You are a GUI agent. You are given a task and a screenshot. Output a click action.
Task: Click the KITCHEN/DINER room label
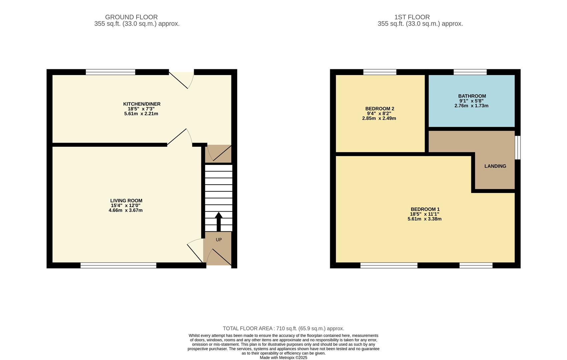pyautogui.click(x=142, y=104)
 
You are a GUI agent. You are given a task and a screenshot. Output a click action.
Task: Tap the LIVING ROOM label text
pyautogui.click(x=126, y=201)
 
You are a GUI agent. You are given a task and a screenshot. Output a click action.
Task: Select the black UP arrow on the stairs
pyautogui.click(x=219, y=221)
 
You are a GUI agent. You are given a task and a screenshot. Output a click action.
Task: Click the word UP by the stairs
pyautogui.click(x=219, y=240)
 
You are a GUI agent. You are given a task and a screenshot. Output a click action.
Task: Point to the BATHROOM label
pyautogui.click(x=472, y=96)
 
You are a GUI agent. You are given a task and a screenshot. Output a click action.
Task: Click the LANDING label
pyautogui.click(x=495, y=166)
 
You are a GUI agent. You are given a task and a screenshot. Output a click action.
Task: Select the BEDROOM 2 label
pyautogui.click(x=380, y=109)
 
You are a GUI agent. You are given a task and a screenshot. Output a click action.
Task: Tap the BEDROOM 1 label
pyautogui.click(x=425, y=209)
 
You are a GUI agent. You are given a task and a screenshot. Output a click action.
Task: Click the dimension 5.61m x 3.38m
pyautogui.click(x=424, y=219)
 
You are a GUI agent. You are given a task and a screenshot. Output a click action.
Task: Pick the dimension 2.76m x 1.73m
pyautogui.click(x=471, y=106)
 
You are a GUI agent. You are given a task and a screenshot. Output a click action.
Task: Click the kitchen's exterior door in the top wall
pyautogui.click(x=181, y=79)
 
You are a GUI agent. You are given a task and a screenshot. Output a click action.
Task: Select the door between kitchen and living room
pyautogui.click(x=179, y=138)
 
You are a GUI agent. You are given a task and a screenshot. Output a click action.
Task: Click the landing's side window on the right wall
pyautogui.click(x=517, y=147)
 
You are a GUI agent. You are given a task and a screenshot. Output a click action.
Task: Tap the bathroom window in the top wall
pyautogui.click(x=470, y=72)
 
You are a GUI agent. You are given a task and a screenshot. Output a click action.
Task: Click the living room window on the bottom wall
pyautogui.click(x=118, y=265)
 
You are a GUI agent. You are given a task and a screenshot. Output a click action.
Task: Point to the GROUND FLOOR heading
pyautogui.click(x=131, y=17)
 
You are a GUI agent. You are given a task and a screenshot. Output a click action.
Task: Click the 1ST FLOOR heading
pyautogui.click(x=412, y=17)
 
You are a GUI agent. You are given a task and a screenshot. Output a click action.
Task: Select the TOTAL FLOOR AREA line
pyautogui.click(x=283, y=328)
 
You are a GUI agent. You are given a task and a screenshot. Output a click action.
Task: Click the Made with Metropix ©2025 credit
pyautogui.click(x=283, y=358)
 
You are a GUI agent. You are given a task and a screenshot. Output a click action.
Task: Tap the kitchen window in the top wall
pyautogui.click(x=110, y=72)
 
